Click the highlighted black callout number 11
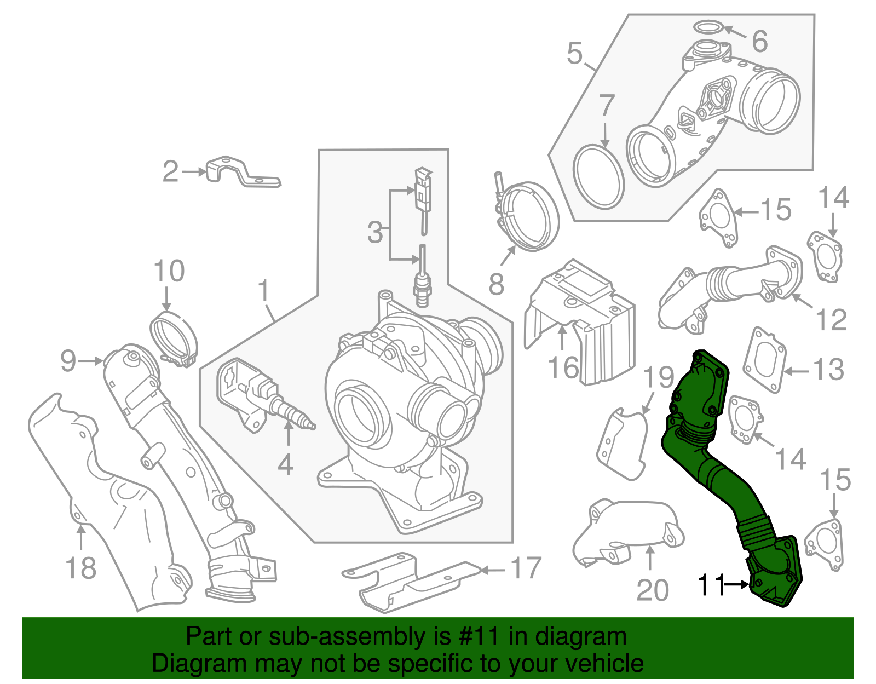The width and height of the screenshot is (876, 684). coord(711,585)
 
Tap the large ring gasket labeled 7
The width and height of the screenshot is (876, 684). coord(598,177)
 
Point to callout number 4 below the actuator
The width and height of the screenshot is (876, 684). coord(285,464)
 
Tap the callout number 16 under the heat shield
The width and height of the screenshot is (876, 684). coord(563,367)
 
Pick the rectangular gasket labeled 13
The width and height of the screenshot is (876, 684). coord(764,360)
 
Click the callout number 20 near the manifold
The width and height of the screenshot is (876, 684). coord(652,590)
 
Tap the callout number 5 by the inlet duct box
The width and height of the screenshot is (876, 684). coord(574,53)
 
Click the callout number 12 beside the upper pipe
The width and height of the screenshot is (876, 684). coord(831,319)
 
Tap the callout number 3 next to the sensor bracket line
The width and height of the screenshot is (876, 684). coord(375,232)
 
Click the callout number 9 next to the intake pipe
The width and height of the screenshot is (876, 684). coord(68,361)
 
